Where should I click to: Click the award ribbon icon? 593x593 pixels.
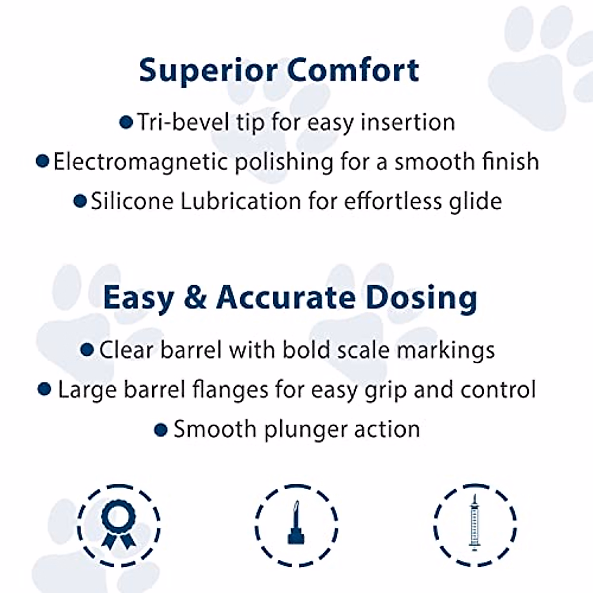coord(119,525)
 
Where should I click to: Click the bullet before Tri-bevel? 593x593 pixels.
coord(126,122)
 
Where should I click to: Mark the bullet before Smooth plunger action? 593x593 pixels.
coord(161,429)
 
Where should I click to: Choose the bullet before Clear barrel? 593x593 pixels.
coord(87,350)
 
